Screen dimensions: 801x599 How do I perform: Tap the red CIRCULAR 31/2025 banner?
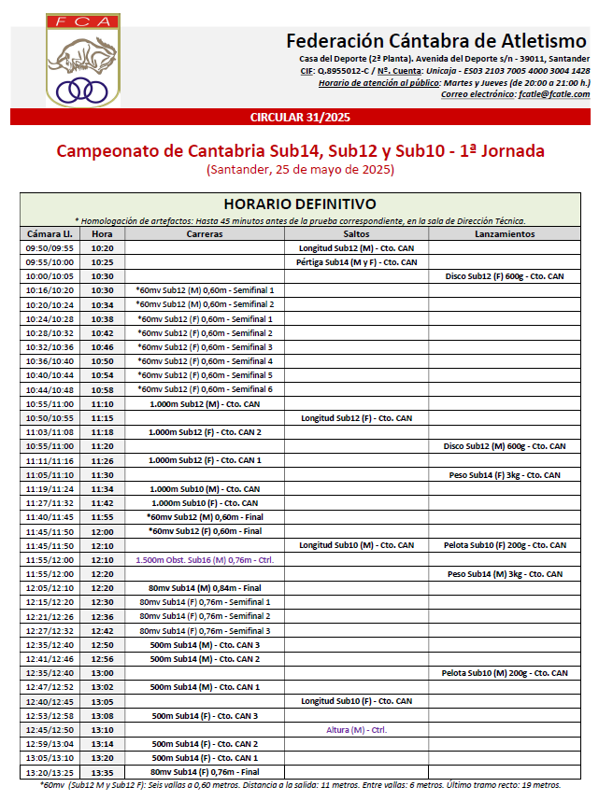300,117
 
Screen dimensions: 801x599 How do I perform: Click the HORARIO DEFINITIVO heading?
300,204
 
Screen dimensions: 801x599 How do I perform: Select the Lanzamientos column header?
504,233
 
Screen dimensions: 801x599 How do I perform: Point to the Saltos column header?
356,233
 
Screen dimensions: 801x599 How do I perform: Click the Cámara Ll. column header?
50,233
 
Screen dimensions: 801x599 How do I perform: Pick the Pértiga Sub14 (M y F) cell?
356,262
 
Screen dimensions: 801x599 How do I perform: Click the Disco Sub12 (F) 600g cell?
504,276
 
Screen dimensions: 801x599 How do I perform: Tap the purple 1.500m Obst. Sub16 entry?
204,559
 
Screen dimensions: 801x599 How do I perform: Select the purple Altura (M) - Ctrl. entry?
356,729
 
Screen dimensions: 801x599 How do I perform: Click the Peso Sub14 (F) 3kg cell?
504,474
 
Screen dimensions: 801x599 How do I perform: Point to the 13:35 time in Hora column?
103,772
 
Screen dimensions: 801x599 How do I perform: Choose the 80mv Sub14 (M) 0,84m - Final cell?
204,587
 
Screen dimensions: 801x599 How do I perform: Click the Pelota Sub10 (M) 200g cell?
504,672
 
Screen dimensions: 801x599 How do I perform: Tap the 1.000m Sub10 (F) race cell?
204,502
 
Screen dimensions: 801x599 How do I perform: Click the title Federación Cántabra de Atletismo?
436,41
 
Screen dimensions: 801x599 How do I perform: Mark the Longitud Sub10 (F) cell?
356,700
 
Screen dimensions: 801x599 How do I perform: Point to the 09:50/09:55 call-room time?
50,248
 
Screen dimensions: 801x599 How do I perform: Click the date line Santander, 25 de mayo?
300,170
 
